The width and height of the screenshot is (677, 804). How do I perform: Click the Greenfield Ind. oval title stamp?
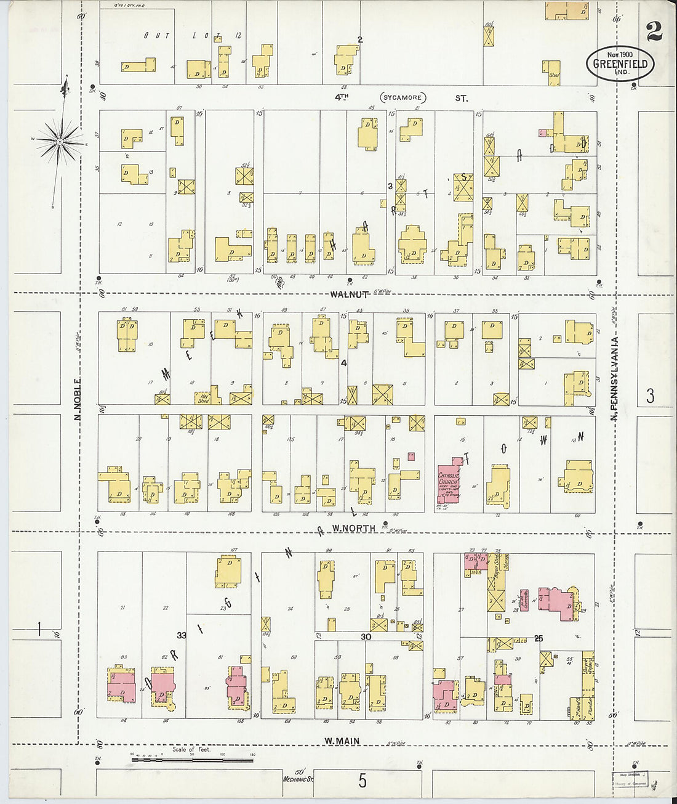pyautogui.click(x=620, y=63)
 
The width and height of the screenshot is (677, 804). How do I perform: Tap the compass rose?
pyautogui.click(x=60, y=142)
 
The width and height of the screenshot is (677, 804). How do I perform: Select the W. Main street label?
pyautogui.click(x=342, y=741)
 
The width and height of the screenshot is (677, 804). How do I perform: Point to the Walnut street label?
pyautogui.click(x=349, y=294)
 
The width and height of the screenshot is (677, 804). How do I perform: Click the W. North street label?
pyautogui.click(x=354, y=529)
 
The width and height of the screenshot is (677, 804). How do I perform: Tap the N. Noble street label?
pyautogui.click(x=78, y=399)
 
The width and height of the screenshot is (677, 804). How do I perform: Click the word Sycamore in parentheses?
pyautogui.click(x=403, y=98)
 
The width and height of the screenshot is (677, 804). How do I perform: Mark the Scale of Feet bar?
pyautogui.click(x=192, y=760)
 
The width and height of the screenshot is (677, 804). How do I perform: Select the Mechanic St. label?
pyautogui.click(x=298, y=779)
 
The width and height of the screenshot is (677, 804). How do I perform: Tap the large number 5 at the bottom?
pyautogui.click(x=363, y=781)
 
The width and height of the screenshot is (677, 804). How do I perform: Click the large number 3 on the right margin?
pyautogui.click(x=651, y=396)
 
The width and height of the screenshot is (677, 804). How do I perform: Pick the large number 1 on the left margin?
pyautogui.click(x=39, y=629)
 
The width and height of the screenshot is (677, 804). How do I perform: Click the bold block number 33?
pyautogui.click(x=181, y=635)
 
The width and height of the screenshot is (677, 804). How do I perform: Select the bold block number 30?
pyautogui.click(x=366, y=637)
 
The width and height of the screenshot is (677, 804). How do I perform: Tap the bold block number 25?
pyautogui.click(x=539, y=639)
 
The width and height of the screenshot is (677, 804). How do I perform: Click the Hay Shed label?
pyautogui.click(x=204, y=399)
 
